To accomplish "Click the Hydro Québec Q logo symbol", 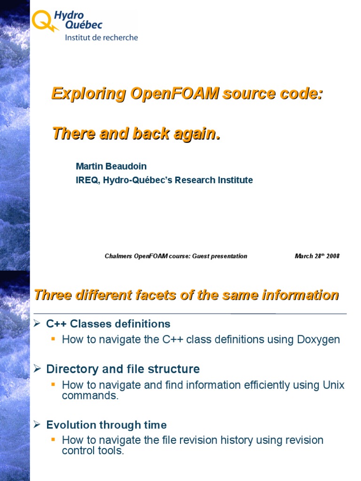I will click(43, 21).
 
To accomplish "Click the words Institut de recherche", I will click(101, 38).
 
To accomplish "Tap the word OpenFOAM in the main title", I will click(174, 93).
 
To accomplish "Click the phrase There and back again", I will click(136, 133).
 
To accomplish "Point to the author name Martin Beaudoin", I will click(111, 166).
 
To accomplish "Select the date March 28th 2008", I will click(316, 256).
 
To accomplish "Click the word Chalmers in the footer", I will click(118, 256).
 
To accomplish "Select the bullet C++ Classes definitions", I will click(108, 324).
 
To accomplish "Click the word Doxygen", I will click(319, 339).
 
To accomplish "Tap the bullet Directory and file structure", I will click(123, 369).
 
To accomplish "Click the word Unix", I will click(333, 385).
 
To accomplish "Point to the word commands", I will click(90, 396).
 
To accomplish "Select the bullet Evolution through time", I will click(106, 425).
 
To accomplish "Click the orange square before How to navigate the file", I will click(53, 440).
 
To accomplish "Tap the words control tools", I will click(93, 451).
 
